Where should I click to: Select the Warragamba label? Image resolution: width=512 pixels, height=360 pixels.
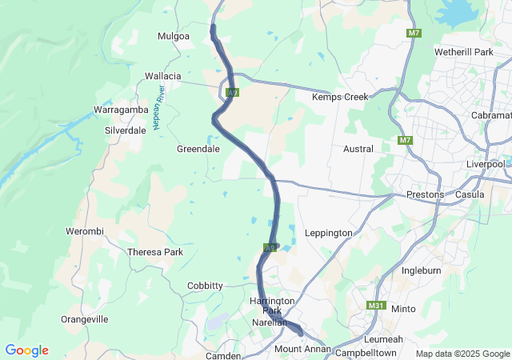point(118,108)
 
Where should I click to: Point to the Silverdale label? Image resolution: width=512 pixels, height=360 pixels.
point(126,130)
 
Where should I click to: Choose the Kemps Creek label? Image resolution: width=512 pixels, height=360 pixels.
point(339,97)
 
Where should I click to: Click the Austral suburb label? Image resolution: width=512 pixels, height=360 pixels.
point(358,149)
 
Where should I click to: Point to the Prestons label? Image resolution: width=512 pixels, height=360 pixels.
point(425,194)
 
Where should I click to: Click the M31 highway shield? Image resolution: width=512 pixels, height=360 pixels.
point(376,306)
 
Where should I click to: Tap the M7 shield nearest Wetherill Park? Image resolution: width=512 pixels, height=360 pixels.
point(414,33)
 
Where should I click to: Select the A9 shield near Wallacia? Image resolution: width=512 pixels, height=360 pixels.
point(232,93)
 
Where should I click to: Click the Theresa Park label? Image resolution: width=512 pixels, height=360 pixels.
point(155,252)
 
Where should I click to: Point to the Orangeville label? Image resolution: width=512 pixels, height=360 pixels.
point(84,319)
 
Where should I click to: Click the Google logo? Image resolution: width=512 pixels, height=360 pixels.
point(26,350)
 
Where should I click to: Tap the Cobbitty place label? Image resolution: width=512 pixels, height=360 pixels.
point(205,286)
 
